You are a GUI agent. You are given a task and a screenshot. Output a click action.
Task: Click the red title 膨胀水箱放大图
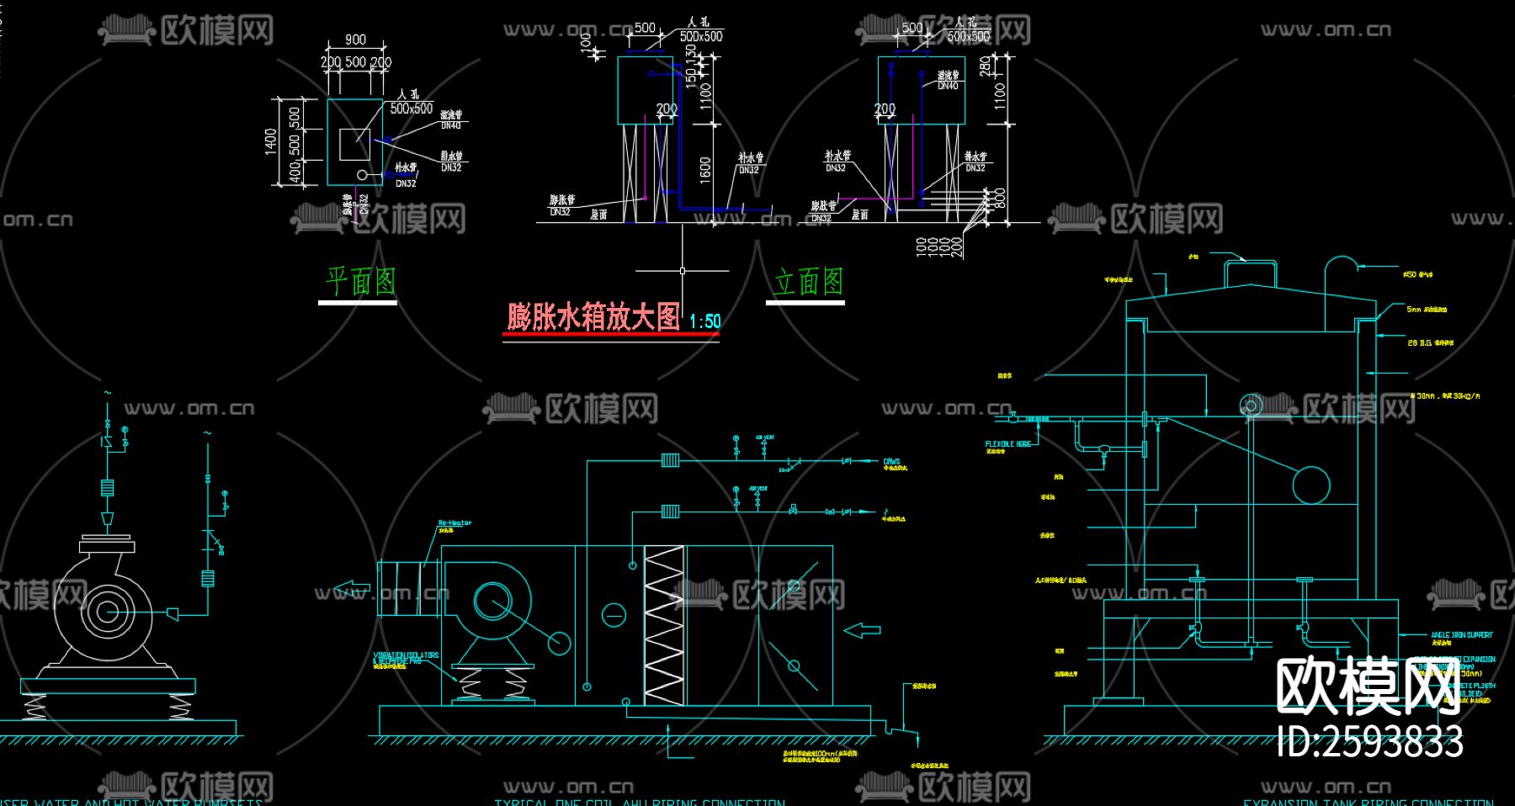(593, 318)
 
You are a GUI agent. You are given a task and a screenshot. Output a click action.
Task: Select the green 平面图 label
(360, 281)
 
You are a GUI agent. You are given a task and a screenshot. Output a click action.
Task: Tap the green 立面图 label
(808, 281)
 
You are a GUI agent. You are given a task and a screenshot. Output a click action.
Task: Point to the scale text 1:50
(704, 321)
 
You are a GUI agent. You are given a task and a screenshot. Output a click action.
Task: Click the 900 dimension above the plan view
(355, 40)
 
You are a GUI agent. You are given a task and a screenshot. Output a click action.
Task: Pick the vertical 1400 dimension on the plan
(271, 141)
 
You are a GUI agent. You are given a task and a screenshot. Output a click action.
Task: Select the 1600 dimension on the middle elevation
(705, 168)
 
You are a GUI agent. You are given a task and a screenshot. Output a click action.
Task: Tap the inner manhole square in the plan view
(354, 144)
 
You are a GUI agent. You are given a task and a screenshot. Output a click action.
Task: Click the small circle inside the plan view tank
(362, 174)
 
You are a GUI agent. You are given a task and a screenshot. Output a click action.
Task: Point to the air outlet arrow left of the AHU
(351, 589)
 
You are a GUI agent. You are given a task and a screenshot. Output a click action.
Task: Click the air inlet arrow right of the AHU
(862, 629)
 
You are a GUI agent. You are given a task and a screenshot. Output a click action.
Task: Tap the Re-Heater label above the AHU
(454, 523)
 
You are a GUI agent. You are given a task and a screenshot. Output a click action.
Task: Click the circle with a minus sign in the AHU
(614, 615)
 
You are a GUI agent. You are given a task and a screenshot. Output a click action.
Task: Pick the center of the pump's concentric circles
(105, 611)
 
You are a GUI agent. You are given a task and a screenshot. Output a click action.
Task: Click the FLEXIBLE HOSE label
(1007, 444)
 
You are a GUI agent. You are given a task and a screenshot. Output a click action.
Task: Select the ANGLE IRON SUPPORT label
(1461, 635)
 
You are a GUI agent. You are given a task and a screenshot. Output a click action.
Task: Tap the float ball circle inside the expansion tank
(1310, 485)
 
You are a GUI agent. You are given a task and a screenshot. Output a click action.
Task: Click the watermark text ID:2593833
(1369, 742)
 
